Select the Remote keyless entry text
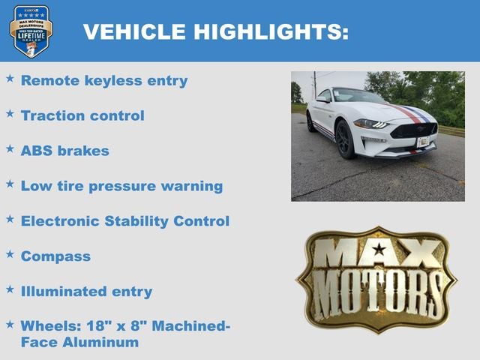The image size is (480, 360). tap(104, 80)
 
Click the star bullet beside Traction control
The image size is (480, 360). tap(10, 113)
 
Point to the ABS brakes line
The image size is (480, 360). tap(64, 151)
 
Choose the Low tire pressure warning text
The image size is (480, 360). tap(121, 186)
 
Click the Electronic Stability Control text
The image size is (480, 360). tap(124, 221)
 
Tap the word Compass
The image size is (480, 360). tap(55, 256)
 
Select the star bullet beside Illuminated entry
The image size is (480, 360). tap(10, 289)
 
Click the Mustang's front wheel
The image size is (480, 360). tap(346, 139)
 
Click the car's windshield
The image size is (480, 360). tap(358, 96)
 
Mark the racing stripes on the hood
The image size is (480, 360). tap(409, 112)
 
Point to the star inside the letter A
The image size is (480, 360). tap(379, 249)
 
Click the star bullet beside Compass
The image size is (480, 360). tap(10, 254)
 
